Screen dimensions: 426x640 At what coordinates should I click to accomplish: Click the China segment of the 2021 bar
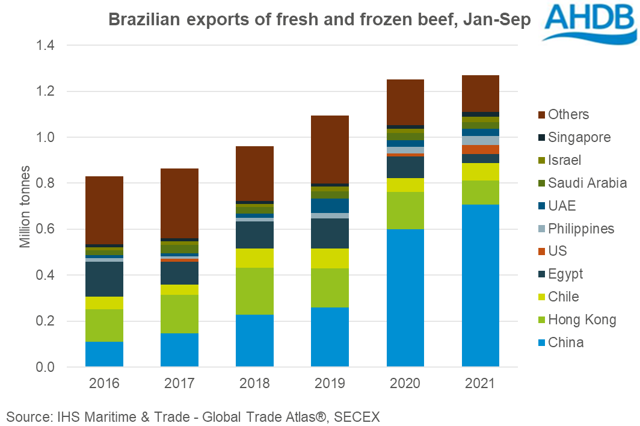pos(480,285)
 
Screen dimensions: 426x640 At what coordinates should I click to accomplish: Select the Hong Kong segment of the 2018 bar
pos(254,291)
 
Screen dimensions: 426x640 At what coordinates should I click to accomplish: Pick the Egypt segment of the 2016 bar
pos(104,279)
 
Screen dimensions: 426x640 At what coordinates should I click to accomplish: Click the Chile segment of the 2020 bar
pos(405,185)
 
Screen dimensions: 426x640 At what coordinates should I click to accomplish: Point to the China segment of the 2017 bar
pos(179,350)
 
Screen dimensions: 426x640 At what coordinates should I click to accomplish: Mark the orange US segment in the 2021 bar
pos(480,149)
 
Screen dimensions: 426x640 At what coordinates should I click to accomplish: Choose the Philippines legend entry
pos(581,229)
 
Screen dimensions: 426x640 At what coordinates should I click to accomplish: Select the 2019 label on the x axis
pos(330,383)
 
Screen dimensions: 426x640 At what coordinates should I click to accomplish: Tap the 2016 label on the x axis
pos(104,383)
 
